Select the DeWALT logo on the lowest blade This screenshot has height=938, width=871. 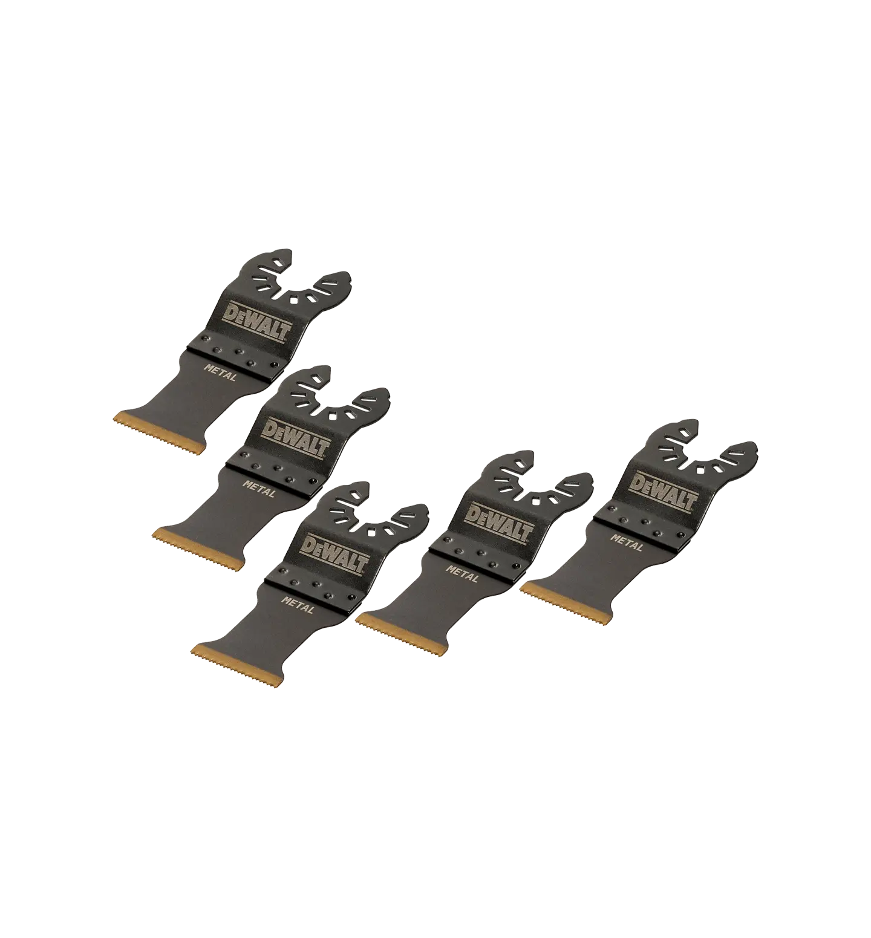[335, 551]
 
